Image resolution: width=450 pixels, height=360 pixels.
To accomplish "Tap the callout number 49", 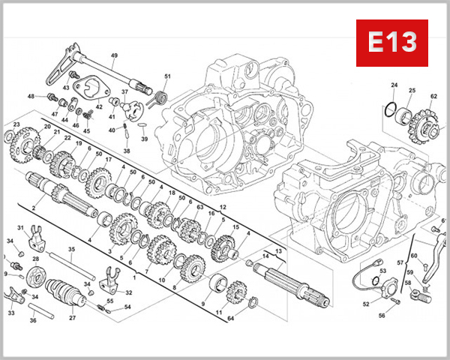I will click(x=115, y=56).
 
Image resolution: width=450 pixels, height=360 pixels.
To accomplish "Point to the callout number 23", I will click(x=16, y=124).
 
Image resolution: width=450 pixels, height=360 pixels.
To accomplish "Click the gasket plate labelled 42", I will click(x=90, y=88).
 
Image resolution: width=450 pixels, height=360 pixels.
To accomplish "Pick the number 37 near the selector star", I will click(x=125, y=92).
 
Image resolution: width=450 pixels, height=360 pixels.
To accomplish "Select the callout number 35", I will click(x=71, y=249).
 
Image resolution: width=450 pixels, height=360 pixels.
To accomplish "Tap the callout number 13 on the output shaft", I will click(x=277, y=250).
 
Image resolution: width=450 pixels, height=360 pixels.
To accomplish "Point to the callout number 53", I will click(x=382, y=271).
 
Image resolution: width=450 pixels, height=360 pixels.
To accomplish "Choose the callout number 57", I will click(x=400, y=263).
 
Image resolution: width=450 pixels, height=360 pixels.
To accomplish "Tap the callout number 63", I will click(x=199, y=206).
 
